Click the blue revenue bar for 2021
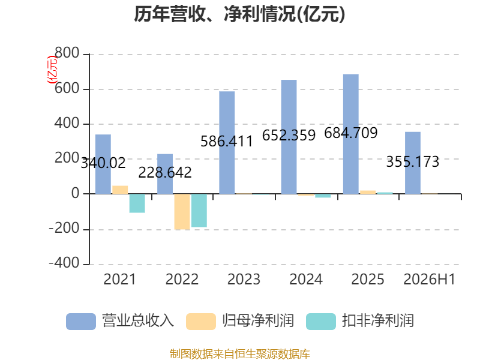coord(103,164)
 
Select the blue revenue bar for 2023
coord(227,143)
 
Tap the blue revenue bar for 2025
coord(351,134)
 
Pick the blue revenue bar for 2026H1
coord(413,163)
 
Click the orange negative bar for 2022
coord(182,212)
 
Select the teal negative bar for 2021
coord(137,203)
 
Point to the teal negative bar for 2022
coord(199,211)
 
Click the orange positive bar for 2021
coord(120,190)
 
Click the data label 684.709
coord(351,133)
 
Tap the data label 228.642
coord(165,173)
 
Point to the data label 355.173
coord(413,161)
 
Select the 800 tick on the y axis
coord(67,53)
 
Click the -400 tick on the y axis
coord(64,263)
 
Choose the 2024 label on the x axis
coord(306,279)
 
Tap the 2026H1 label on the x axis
coord(430,279)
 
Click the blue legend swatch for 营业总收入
coord(81,322)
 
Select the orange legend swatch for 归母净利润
coord(201,322)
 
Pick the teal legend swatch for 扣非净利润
coord(321,322)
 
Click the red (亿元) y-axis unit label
coord(52,70)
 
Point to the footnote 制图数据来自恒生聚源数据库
coord(240,354)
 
